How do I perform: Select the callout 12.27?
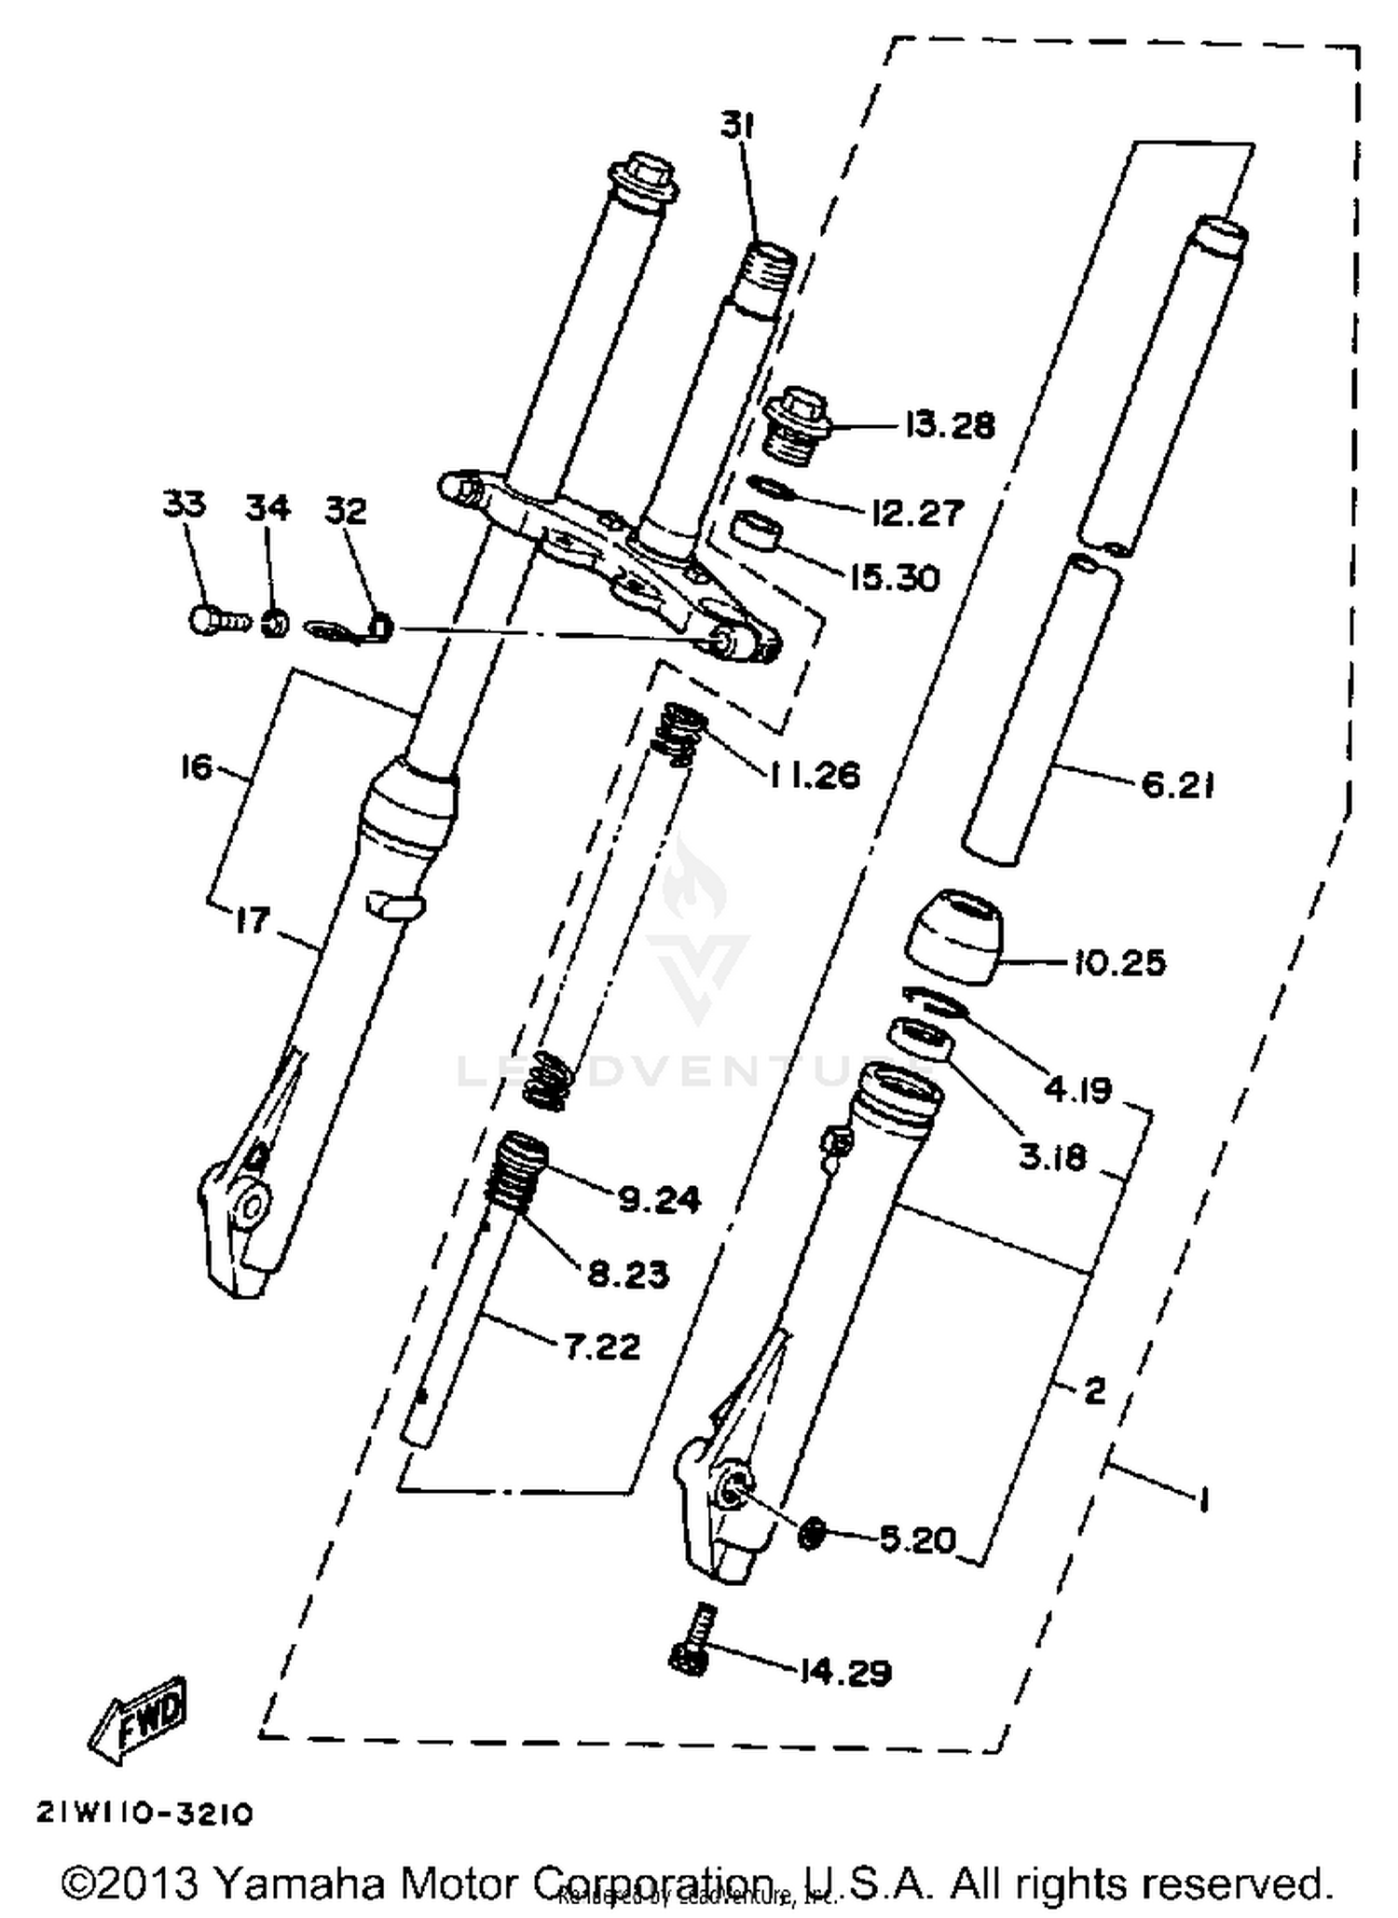(x=917, y=512)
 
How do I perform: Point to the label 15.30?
(x=895, y=578)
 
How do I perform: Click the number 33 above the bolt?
(x=184, y=504)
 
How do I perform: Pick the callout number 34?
(x=267, y=508)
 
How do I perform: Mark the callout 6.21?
(x=1178, y=786)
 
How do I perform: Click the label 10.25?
(x=1118, y=962)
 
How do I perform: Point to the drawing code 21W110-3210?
(x=144, y=1814)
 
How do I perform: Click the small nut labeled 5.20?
(x=812, y=1532)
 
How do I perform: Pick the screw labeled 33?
(x=217, y=620)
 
